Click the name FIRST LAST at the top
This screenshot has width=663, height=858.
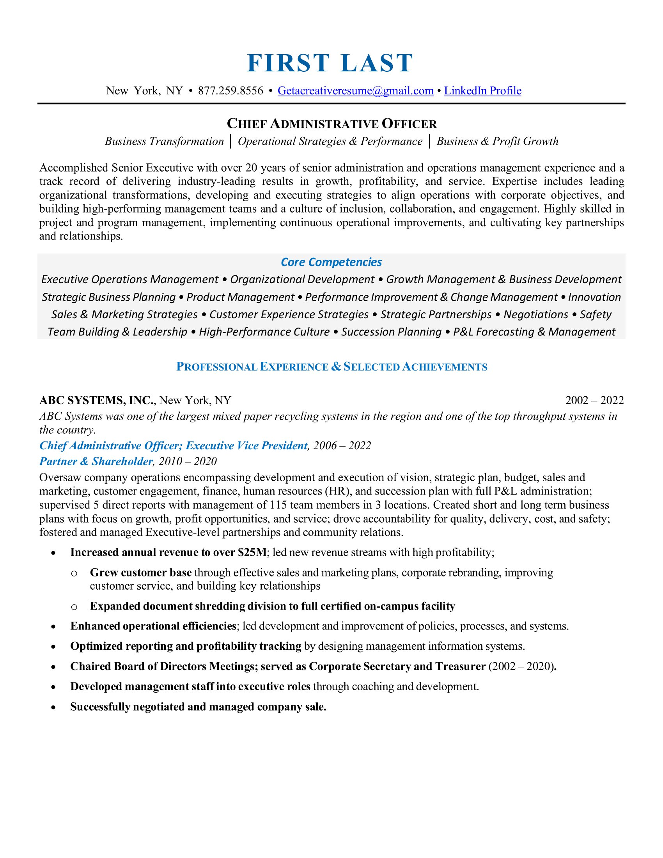click(330, 63)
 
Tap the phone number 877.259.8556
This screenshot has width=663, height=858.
click(230, 91)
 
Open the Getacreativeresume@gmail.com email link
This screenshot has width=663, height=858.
click(355, 91)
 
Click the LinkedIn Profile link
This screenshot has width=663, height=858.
click(482, 91)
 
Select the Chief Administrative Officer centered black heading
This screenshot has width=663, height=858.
click(331, 124)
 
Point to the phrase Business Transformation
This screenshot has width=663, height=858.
click(164, 142)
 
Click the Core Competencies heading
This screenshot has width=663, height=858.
click(331, 262)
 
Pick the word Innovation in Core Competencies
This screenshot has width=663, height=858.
click(594, 297)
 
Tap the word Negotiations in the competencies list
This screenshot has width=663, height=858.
click(536, 314)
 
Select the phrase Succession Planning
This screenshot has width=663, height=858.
click(391, 332)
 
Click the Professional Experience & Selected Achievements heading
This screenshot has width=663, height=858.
click(331, 367)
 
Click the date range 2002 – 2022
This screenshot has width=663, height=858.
click(594, 400)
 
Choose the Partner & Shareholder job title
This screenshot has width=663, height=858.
click(96, 461)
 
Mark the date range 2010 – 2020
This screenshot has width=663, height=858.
click(188, 461)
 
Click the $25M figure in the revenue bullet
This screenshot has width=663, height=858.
click(252, 552)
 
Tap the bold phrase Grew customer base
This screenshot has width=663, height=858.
click(141, 573)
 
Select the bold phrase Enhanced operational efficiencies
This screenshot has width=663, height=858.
click(153, 626)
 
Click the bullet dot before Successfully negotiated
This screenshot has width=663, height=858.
click(53, 707)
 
